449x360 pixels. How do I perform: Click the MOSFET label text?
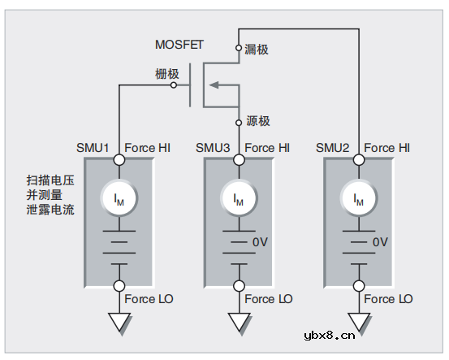click(180, 44)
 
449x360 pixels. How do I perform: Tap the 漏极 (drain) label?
click(257, 50)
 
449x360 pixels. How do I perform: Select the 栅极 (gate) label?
click(167, 74)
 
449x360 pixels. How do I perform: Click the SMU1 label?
click(93, 148)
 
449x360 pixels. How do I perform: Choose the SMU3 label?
click(213, 148)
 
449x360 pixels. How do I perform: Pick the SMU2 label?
click(333, 148)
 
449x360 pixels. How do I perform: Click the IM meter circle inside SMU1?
click(119, 198)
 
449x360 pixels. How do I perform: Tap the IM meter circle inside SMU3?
click(239, 198)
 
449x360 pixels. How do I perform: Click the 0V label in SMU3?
click(260, 242)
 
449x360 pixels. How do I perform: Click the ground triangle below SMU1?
click(119, 323)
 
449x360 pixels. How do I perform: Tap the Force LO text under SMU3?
click(268, 299)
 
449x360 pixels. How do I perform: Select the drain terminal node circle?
click(239, 48)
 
